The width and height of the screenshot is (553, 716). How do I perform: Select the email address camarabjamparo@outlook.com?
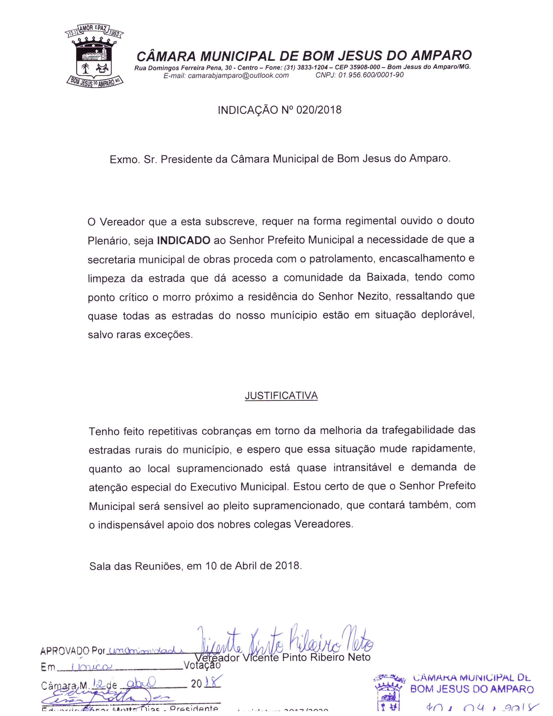pos(238,76)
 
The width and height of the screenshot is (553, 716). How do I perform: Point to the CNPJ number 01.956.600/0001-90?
pos(371,75)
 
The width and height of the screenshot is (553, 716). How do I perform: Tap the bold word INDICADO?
pos(183,241)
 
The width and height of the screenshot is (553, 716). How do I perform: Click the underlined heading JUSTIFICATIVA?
pos(281,396)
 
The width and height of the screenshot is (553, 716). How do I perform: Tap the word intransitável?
pos(362,468)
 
